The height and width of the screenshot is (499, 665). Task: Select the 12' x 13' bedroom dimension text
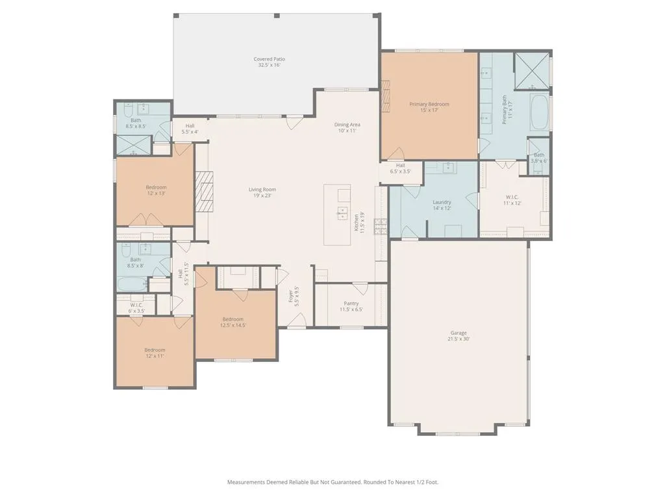tap(156, 194)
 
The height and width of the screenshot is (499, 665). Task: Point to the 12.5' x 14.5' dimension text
tap(233, 326)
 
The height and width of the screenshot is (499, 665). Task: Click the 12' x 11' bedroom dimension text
tap(155, 356)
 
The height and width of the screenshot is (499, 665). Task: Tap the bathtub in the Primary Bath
tap(540, 112)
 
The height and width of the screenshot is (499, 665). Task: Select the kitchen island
tap(337, 214)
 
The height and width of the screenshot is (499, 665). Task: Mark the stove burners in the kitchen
tap(381, 226)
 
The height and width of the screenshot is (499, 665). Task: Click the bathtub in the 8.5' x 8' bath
tap(132, 285)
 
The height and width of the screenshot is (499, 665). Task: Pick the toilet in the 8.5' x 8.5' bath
tap(127, 110)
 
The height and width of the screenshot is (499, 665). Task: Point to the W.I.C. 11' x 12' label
tap(512, 200)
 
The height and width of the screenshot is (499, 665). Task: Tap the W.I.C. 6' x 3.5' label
tap(136, 307)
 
